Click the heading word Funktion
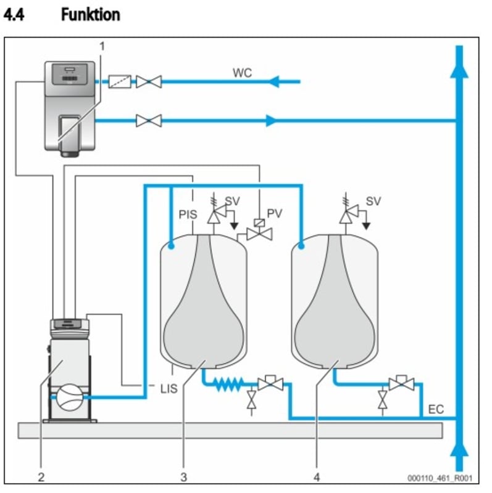[x=90, y=14]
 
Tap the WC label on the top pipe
[x=242, y=73]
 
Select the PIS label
[x=188, y=215]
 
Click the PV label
[x=275, y=214]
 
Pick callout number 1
[x=102, y=46]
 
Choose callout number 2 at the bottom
[x=41, y=476]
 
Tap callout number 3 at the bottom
[x=183, y=476]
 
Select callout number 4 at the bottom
[x=317, y=476]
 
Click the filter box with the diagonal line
[x=119, y=81]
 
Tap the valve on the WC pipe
[x=149, y=81]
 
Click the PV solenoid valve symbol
[x=259, y=233]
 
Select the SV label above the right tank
[x=373, y=201]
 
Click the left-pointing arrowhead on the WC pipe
[x=273, y=81]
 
